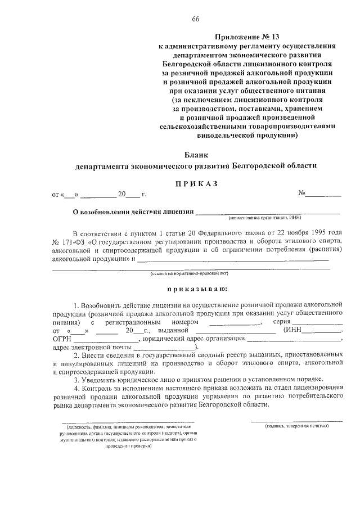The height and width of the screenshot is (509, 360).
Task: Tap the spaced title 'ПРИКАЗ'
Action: [x=196, y=183]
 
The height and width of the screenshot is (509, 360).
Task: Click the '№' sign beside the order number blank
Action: [x=301, y=193]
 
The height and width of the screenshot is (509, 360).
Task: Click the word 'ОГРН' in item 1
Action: [x=61, y=339]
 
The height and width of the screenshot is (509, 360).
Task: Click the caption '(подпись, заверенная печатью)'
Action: [x=297, y=426]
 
